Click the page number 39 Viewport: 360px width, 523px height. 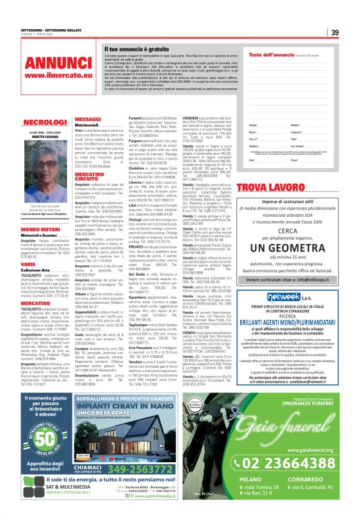[334, 32]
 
